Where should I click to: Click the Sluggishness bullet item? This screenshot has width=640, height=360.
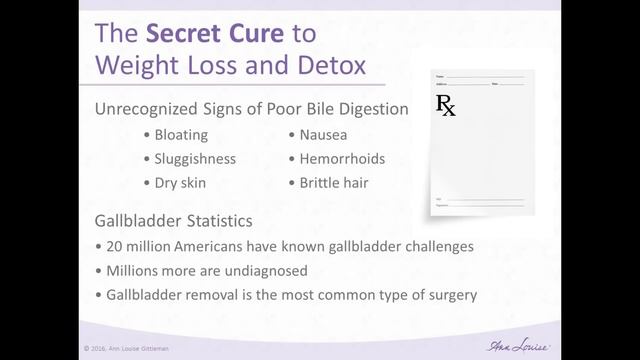(195, 159)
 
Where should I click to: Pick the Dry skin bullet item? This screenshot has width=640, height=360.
(180, 183)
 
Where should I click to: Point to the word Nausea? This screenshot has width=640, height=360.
(323, 134)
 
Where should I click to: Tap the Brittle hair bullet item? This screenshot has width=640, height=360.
(333, 183)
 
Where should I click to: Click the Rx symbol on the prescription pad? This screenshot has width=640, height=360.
(446, 105)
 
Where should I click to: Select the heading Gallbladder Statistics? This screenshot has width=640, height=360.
(173, 220)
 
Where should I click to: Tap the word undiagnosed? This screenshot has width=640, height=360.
(258, 270)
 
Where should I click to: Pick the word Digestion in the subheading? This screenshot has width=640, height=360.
(372, 109)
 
